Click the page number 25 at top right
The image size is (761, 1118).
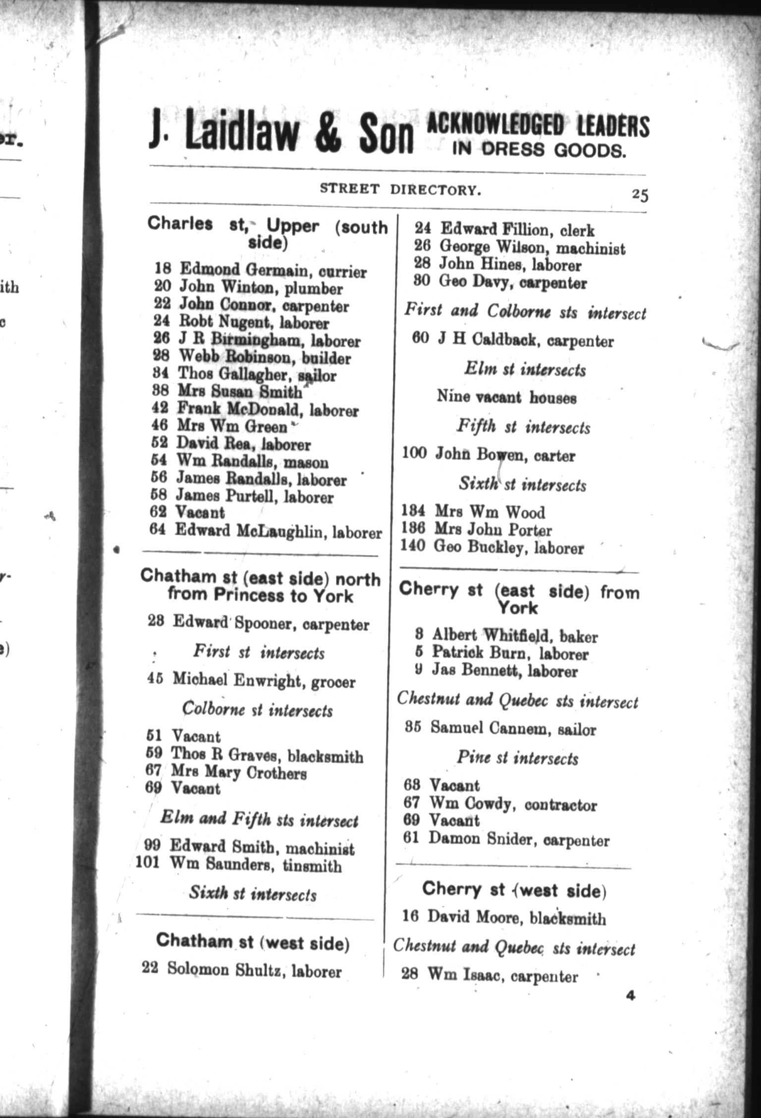[x=640, y=195]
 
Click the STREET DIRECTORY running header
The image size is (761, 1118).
[x=400, y=189]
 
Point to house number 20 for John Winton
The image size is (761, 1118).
[x=163, y=287]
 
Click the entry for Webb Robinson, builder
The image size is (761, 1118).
[x=264, y=357]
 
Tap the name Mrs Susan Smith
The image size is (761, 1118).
[x=239, y=392]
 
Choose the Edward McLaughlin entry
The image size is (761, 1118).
[x=278, y=531]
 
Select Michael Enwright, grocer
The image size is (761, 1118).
[x=264, y=680]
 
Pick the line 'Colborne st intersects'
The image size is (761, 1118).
[x=258, y=710]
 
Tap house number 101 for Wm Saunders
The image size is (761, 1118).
[x=148, y=863]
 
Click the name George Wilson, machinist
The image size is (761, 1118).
[x=532, y=247]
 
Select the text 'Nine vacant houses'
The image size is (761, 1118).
[x=506, y=397]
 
